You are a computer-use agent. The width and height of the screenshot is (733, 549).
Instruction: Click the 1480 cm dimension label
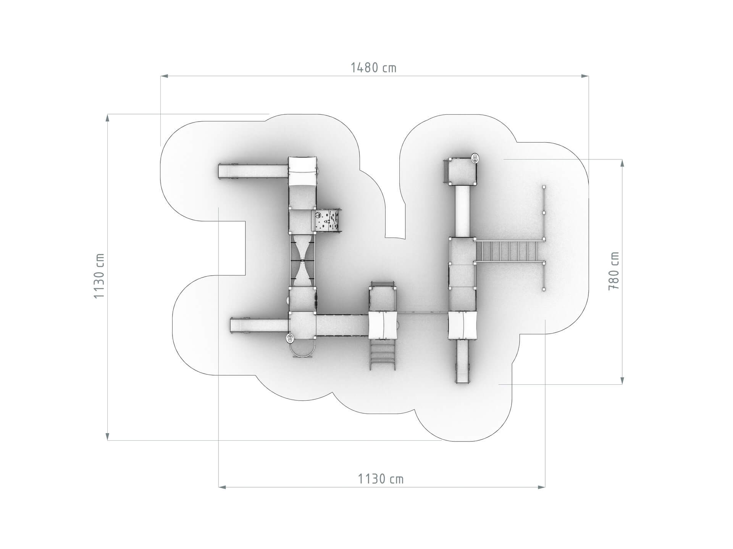[374, 68]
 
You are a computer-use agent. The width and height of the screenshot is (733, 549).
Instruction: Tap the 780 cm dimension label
[614, 271]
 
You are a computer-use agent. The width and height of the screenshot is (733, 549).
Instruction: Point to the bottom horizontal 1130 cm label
[381, 479]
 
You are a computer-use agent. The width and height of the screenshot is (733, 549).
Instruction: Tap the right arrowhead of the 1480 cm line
[584, 76]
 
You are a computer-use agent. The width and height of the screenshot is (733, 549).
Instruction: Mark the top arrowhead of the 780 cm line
[623, 163]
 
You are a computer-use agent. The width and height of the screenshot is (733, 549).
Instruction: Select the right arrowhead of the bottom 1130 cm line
[541, 487]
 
